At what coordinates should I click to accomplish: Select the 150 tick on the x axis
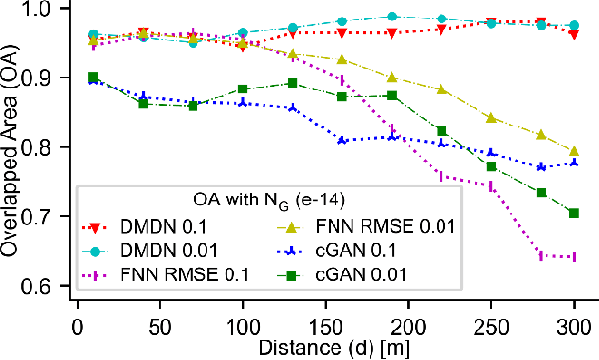tap(325, 322)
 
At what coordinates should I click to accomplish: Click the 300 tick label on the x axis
tap(574, 322)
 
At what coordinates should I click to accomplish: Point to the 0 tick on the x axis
tap(77, 322)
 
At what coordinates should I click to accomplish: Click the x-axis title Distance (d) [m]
tap(325, 344)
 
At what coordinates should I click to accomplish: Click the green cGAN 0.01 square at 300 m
tap(574, 213)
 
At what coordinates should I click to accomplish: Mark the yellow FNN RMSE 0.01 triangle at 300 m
tap(574, 151)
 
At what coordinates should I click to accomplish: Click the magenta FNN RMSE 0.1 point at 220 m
tap(441, 176)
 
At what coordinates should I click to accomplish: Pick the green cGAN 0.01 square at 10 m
tap(93, 77)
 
